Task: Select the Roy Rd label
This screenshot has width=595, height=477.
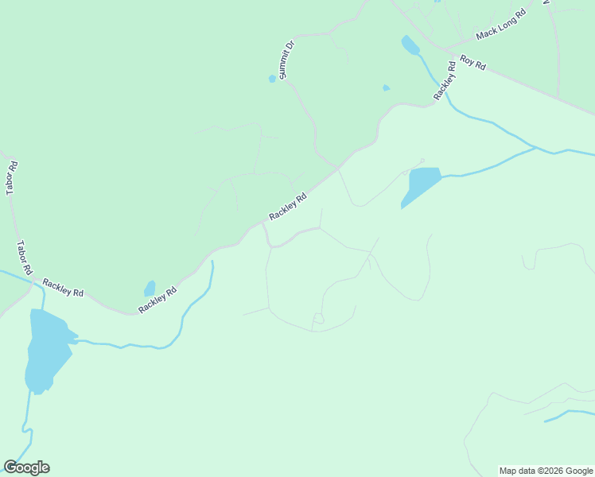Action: tap(472, 63)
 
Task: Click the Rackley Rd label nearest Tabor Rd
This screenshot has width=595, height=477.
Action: tap(63, 287)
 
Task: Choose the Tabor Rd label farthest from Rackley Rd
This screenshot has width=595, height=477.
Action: tap(12, 178)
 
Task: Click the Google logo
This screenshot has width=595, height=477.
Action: tap(26, 467)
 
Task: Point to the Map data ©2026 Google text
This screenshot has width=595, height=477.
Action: tap(546, 471)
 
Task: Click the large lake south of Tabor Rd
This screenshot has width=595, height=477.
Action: tap(46, 350)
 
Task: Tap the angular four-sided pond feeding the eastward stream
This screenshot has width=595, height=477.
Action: tap(421, 185)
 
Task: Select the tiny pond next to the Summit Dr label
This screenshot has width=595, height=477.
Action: tap(272, 79)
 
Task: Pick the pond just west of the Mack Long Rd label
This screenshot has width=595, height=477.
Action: tap(410, 45)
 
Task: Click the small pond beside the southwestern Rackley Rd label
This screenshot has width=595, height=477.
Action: tap(150, 288)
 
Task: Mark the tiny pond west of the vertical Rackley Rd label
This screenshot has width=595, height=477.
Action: tap(386, 87)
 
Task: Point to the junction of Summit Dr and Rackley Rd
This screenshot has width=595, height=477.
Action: tap(338, 169)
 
